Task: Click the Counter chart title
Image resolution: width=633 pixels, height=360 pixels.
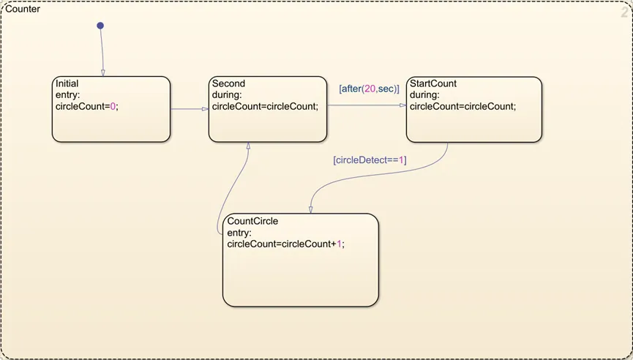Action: (23, 10)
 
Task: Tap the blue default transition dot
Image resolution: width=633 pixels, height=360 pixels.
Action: (100, 26)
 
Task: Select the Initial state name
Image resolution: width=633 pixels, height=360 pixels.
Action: (67, 84)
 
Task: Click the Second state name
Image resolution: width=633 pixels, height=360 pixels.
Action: (228, 83)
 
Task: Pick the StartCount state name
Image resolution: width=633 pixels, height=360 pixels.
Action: (433, 83)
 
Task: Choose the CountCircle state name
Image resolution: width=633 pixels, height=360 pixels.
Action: (252, 221)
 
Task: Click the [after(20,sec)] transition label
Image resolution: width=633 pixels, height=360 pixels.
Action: (369, 89)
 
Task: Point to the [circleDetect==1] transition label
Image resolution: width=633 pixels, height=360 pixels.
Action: (370, 160)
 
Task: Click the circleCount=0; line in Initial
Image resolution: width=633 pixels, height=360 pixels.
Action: (86, 106)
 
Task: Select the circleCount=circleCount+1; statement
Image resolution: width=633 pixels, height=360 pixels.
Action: (285, 244)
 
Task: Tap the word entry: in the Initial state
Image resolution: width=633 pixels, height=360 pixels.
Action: (67, 95)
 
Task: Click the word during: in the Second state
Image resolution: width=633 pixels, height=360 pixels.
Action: (227, 95)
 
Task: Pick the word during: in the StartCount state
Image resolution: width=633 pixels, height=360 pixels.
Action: (424, 95)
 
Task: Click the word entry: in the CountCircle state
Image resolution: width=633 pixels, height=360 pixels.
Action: (239, 233)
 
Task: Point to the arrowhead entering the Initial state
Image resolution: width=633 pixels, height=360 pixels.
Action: (102, 72)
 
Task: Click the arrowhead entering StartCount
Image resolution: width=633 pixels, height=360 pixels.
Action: (402, 105)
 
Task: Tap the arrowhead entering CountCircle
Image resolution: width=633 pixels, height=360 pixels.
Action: (310, 209)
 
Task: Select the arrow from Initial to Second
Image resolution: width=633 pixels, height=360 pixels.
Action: (189, 110)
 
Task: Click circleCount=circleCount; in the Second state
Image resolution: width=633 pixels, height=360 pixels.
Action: (265, 106)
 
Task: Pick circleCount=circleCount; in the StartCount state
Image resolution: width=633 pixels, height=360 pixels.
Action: (462, 106)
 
